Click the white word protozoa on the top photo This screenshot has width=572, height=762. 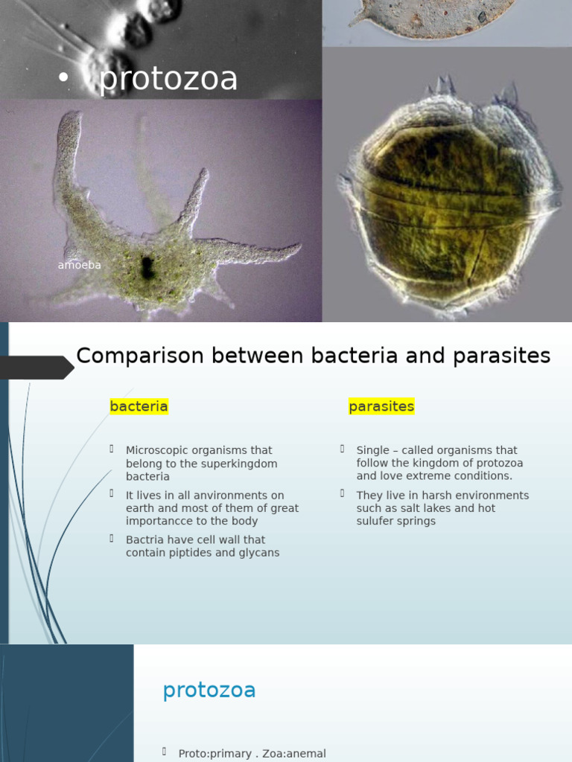pyautogui.click(x=168, y=80)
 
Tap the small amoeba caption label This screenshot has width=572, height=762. pyautogui.click(x=79, y=265)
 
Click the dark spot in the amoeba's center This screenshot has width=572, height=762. pyautogui.click(x=147, y=268)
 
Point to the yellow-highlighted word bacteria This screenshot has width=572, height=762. pyautogui.click(x=139, y=406)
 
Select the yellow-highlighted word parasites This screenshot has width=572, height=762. pyautogui.click(x=381, y=406)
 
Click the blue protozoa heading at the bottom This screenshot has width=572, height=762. pyautogui.click(x=209, y=691)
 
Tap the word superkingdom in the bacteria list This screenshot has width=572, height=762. pyautogui.click(x=238, y=464)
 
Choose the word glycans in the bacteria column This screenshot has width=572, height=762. pyautogui.click(x=258, y=553)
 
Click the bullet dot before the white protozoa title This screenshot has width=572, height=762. pyautogui.click(x=64, y=80)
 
